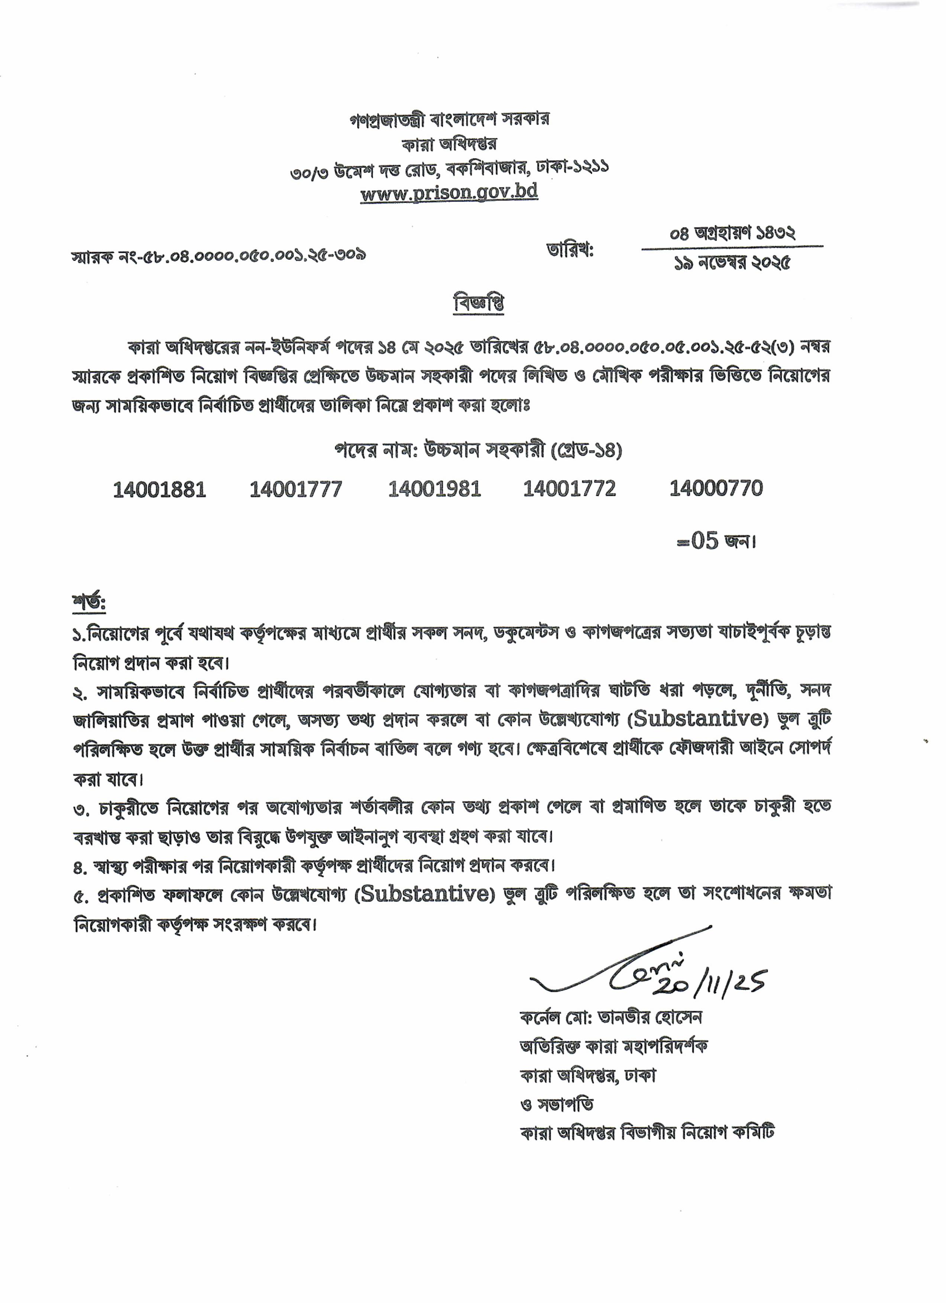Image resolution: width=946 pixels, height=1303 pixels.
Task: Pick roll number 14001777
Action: pyautogui.click(x=295, y=490)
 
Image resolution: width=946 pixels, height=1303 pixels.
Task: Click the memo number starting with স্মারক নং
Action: pyautogui.click(x=218, y=255)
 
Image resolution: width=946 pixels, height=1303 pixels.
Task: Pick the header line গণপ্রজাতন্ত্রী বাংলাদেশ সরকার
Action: pyautogui.click(x=449, y=119)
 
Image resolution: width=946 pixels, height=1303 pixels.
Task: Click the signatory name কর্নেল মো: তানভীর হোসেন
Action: pyautogui.click(x=610, y=1033)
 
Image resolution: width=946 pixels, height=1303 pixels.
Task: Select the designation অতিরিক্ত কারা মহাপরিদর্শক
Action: pyautogui.click(x=613, y=1062)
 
